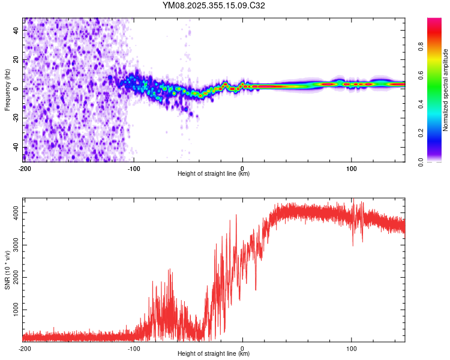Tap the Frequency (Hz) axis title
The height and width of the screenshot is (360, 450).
pyautogui.click(x=7, y=90)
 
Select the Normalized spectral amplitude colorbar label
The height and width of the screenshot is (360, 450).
pyautogui.click(x=446, y=90)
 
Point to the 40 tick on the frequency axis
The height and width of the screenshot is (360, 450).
pyautogui.click(x=16, y=31)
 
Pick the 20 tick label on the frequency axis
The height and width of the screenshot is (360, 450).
pyautogui.click(x=16, y=60)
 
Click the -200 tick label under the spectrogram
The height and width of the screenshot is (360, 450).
pyautogui.click(x=25, y=168)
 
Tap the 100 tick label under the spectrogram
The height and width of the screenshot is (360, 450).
pyautogui.click(x=351, y=168)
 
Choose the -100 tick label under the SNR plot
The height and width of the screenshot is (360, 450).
pyautogui.click(x=133, y=349)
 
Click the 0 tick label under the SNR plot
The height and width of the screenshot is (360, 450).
pyautogui.click(x=242, y=349)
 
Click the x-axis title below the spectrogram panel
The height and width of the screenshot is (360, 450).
pyautogui.click(x=214, y=174)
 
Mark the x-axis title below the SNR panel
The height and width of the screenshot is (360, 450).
pyautogui.click(x=214, y=355)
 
